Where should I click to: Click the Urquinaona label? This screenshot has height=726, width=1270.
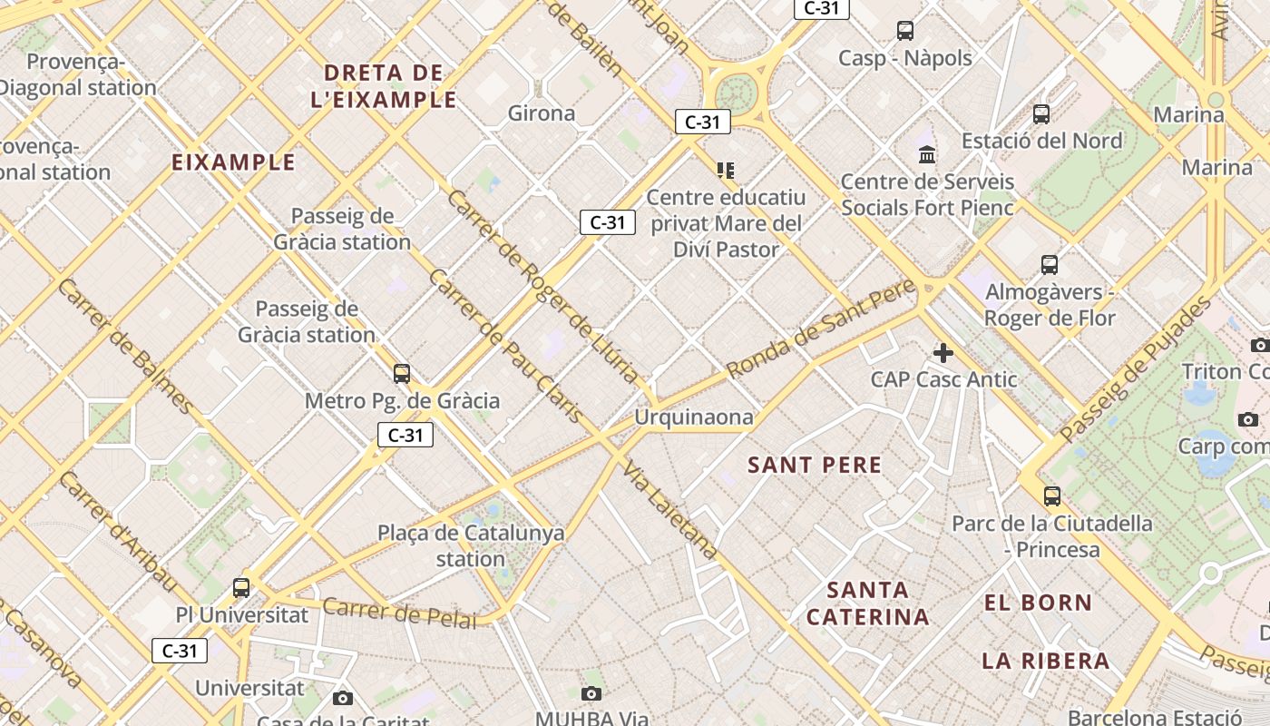click(693, 417)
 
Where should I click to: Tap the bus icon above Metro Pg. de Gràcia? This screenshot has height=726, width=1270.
click(401, 373)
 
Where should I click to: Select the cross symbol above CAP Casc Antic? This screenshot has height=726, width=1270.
click(943, 352)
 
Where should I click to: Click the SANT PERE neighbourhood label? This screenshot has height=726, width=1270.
click(814, 466)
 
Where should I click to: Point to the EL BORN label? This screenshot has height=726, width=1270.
click(1038, 603)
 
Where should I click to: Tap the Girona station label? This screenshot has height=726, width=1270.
click(542, 113)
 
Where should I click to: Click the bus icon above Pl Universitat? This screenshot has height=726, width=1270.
click(240, 587)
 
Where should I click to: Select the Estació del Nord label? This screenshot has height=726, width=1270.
click(1041, 141)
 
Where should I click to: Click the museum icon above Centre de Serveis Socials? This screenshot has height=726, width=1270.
click(926, 154)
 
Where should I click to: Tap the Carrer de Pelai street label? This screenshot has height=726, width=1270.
click(399, 613)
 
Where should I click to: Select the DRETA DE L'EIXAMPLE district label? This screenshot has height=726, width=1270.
click(384, 86)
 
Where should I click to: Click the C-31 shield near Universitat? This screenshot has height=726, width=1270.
click(179, 651)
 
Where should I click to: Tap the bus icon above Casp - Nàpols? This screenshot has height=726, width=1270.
click(904, 31)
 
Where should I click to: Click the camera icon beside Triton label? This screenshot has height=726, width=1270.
click(1259, 345)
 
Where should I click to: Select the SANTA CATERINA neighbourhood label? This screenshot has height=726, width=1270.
click(867, 603)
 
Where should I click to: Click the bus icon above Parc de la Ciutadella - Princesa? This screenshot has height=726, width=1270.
click(1051, 496)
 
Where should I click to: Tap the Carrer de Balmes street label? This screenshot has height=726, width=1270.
click(124, 346)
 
